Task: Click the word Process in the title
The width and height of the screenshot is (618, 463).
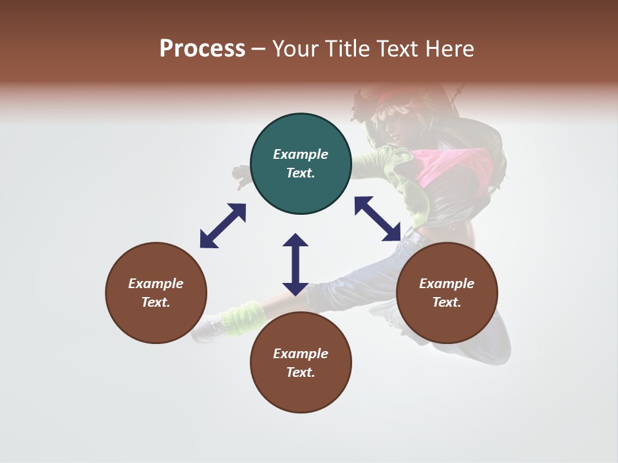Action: point(202,49)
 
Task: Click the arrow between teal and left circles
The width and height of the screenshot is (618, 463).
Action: point(223,226)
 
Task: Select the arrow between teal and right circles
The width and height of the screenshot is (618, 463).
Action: point(378,219)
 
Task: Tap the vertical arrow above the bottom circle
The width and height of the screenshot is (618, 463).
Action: point(295,264)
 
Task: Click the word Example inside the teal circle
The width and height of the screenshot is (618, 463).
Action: point(301,154)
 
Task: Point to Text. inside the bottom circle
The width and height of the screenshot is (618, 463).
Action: point(301,372)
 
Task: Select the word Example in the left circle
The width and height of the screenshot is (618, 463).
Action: point(156,284)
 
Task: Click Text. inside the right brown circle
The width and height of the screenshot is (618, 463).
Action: point(447,302)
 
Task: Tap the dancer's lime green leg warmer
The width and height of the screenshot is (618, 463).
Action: point(243,317)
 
